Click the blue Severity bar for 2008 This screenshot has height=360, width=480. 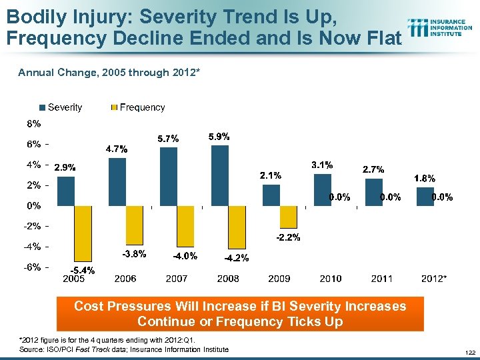(x=219, y=175)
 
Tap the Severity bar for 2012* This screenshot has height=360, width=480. (x=425, y=196)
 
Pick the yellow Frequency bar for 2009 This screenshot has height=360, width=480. (x=288, y=216)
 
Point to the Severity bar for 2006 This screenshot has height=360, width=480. (x=117, y=181)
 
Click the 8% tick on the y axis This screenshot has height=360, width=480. (x=34, y=123)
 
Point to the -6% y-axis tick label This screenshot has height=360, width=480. (x=33, y=267)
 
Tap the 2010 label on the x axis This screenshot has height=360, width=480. (x=331, y=278)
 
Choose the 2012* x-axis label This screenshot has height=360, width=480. (x=434, y=278)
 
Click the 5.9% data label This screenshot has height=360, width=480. (x=219, y=136)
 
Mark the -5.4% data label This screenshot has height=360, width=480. (x=83, y=270)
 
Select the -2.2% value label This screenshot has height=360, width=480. (x=288, y=237)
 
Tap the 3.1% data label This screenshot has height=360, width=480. (x=323, y=164)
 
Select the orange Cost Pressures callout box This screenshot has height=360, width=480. (x=239, y=314)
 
